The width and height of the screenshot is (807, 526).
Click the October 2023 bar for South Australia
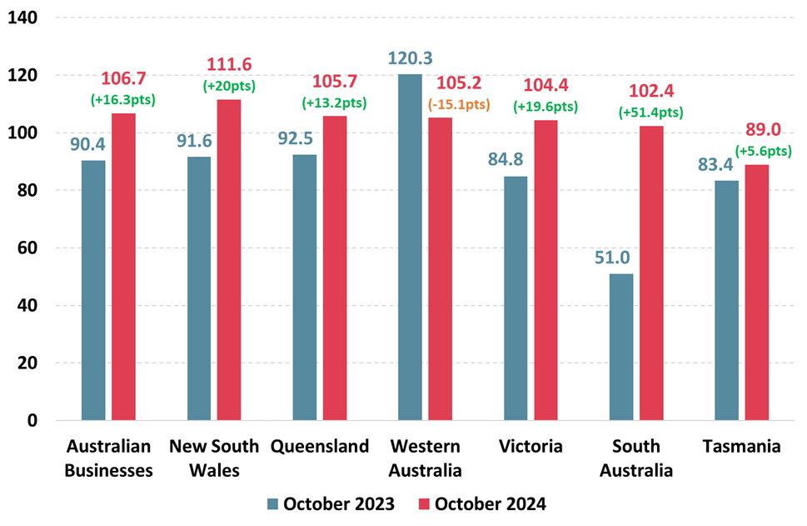click(x=621, y=347)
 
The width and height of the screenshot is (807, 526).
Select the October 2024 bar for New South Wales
click(x=229, y=259)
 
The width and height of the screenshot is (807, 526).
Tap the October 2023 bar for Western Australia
click(x=410, y=247)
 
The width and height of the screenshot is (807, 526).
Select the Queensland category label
click(x=319, y=447)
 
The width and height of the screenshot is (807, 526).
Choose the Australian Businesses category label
click(x=108, y=458)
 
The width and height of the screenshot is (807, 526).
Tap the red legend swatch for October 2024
click(x=423, y=503)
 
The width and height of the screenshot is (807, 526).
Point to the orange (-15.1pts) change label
click(x=458, y=105)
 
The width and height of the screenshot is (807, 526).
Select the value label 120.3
click(x=411, y=58)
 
